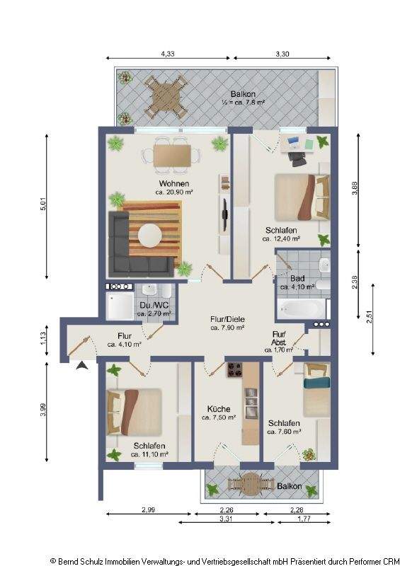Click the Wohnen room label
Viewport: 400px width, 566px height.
click(x=173, y=183)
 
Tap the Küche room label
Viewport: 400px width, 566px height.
click(x=219, y=409)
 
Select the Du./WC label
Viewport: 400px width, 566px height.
click(x=154, y=305)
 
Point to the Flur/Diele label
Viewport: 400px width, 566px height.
click(x=227, y=319)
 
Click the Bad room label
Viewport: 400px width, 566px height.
click(x=297, y=278)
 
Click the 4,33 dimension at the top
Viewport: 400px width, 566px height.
click(x=168, y=54)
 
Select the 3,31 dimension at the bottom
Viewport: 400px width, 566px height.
click(x=227, y=519)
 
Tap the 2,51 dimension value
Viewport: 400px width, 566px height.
click(x=369, y=318)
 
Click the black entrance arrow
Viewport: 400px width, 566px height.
click(x=82, y=366)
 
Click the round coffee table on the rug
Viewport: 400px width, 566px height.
click(x=150, y=236)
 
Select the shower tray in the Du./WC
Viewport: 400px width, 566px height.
click(x=120, y=305)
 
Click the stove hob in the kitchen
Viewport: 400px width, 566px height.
click(x=234, y=369)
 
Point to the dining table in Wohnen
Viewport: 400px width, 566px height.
click(x=172, y=155)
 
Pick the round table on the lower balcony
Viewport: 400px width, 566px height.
click(x=250, y=484)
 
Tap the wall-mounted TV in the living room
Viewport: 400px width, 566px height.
click(x=225, y=214)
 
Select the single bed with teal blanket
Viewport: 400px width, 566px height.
click(x=316, y=391)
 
